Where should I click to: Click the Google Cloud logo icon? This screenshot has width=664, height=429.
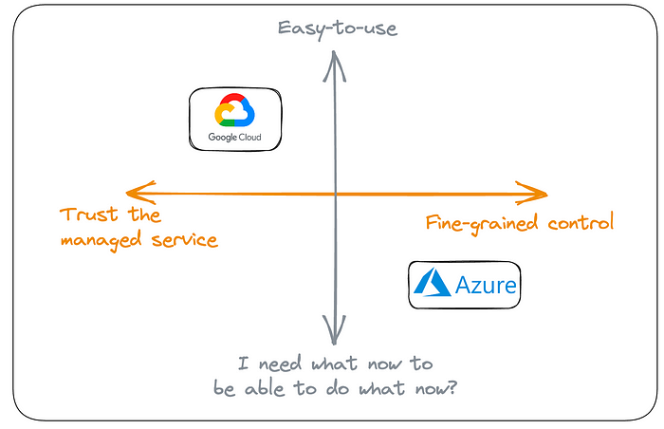pos(235,111)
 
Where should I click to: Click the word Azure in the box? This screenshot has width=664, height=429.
pos(486,285)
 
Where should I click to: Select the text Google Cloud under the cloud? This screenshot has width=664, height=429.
pos(235,139)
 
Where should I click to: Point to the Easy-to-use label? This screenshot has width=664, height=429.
pos(337,28)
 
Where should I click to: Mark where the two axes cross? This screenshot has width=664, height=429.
pos(335,194)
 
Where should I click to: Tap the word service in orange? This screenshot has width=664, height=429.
pos(184,240)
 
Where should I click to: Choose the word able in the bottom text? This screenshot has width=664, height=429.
pos(269,388)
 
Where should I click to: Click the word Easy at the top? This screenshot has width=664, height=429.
pos(300,28)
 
